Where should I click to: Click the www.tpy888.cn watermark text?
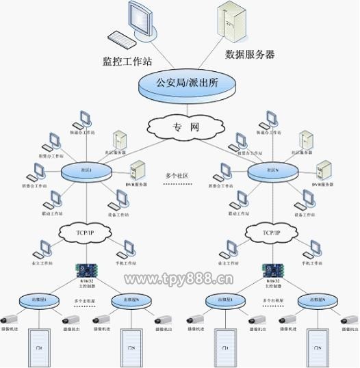pyautogui.click(x=179, y=278)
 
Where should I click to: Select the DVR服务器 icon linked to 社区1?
pyautogui.click(x=138, y=170)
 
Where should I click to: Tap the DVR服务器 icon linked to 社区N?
pyautogui.click(x=323, y=170)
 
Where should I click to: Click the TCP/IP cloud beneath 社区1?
pyautogui.click(x=84, y=233)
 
